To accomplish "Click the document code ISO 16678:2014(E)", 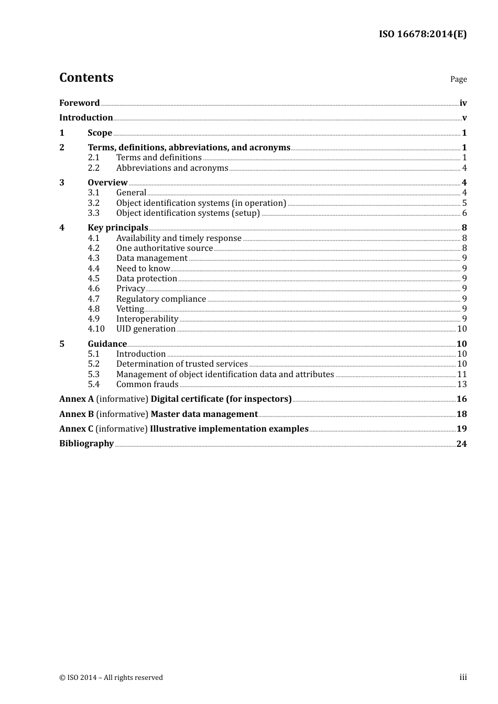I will pyautogui.click(x=423, y=34).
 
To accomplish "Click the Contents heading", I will pyautogui.click(x=86, y=78).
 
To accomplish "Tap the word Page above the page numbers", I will pyautogui.click(x=458, y=79).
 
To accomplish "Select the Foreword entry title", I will pyautogui.click(x=79, y=103).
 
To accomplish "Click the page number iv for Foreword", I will pyautogui.click(x=463, y=103).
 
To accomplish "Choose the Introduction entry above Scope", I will pyautogui.click(x=86, y=117).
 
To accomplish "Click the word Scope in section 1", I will pyautogui.click(x=100, y=133).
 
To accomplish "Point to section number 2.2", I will pyautogui.click(x=93, y=168).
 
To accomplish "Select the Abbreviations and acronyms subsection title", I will pyautogui.click(x=172, y=168).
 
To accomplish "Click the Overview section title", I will pyautogui.click(x=107, y=182).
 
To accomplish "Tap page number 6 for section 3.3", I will pyautogui.click(x=464, y=213).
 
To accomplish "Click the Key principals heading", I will pyautogui.click(x=118, y=227).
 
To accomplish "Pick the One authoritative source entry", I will pyautogui.click(x=165, y=248).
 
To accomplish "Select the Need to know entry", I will pyautogui.click(x=143, y=268).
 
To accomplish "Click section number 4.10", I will pyautogui.click(x=96, y=328).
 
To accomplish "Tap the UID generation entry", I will pyautogui.click(x=146, y=328).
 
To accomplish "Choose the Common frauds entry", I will pyautogui.click(x=147, y=384).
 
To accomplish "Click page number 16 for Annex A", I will pyautogui.click(x=461, y=399).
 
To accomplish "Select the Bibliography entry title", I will pyautogui.click(x=86, y=443).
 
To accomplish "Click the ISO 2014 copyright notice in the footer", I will pyautogui.click(x=111, y=677).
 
